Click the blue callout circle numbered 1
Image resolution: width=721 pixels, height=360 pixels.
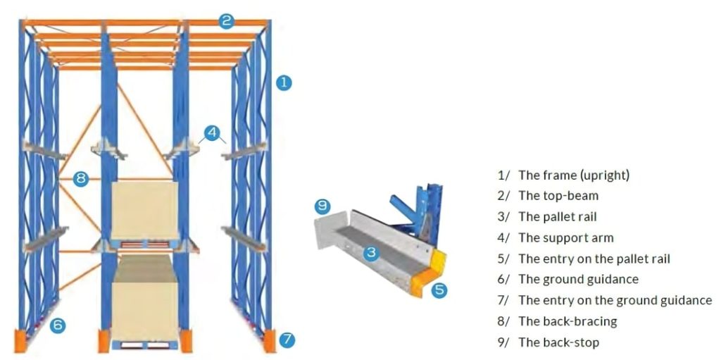(x=283, y=82)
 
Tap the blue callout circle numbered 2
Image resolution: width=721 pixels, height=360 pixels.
(x=225, y=20)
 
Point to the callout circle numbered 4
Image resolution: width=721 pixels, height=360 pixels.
(x=212, y=132)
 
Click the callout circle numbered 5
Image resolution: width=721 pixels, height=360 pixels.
(x=439, y=290)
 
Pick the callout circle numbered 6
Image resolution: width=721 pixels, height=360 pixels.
(x=58, y=325)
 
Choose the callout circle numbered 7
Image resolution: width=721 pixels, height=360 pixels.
(x=287, y=340)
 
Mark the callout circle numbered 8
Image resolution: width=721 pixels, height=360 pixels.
(x=80, y=179)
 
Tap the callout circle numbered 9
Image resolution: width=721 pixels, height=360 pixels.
(x=322, y=206)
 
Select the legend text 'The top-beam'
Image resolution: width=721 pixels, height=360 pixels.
(x=558, y=196)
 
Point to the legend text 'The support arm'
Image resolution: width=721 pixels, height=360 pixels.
(x=565, y=238)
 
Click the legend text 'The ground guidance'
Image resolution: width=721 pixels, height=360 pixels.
(x=578, y=279)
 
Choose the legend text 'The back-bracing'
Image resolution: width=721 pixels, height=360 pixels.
(x=567, y=321)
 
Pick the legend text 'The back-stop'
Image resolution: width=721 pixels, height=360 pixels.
(x=558, y=342)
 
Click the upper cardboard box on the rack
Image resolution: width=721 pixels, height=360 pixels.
(x=144, y=209)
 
